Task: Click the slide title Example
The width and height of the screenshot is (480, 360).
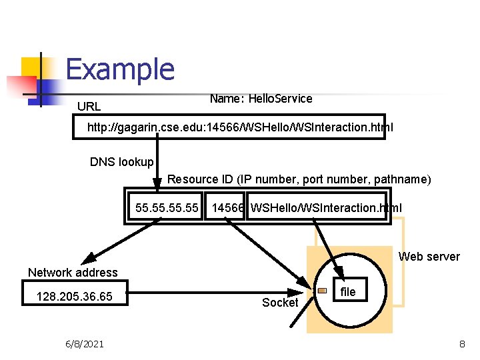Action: pos(120,69)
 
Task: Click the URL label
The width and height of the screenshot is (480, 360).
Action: pos(89,107)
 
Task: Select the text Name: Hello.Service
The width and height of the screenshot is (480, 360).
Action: pos(261,99)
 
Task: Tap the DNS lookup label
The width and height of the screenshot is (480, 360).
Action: pos(121,162)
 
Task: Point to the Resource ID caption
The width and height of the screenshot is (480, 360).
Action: pos(299,179)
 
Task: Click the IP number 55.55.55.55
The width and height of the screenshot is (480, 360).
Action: pos(167,208)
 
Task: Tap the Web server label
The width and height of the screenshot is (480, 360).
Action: pos(429,257)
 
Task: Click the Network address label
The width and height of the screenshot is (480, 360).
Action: pos(73,272)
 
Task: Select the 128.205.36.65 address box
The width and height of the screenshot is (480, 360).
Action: pos(77,296)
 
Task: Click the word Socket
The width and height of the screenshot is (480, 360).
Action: pos(280,303)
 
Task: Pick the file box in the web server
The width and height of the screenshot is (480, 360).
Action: pos(348,292)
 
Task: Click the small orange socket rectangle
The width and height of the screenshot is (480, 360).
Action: pos(322,291)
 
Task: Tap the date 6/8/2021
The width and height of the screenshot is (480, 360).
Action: pos(84,344)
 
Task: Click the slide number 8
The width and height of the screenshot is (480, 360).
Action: pos(461,344)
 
